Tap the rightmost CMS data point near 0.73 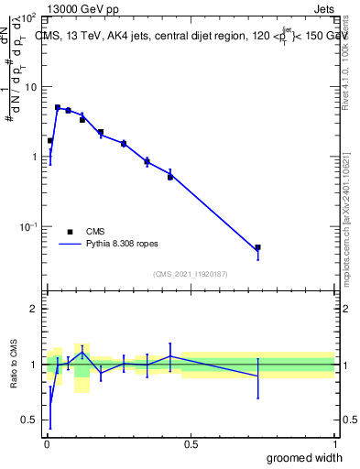(258, 247)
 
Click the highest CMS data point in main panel (58, 107)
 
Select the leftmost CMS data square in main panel (49, 141)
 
